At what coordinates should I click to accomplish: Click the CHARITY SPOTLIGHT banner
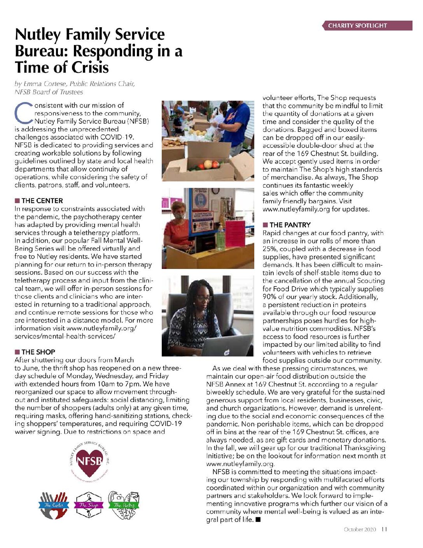(367, 26)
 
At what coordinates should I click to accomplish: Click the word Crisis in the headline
(86, 68)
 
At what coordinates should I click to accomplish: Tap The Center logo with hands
(54, 505)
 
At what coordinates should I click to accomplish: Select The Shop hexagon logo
(88, 505)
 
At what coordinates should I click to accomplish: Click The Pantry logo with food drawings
(124, 505)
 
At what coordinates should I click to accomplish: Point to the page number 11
(384, 529)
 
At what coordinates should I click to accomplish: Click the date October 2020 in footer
(360, 529)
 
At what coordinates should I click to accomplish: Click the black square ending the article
(258, 520)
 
